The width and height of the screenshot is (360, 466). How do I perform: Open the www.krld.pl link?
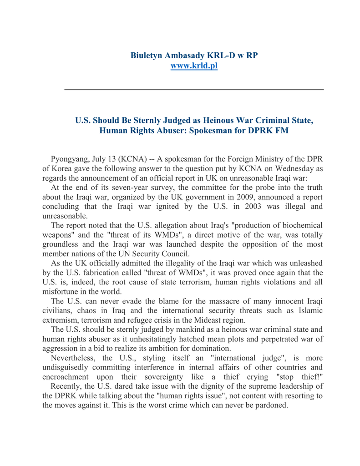[194, 66]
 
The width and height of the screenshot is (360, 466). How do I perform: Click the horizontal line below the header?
[194, 89]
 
